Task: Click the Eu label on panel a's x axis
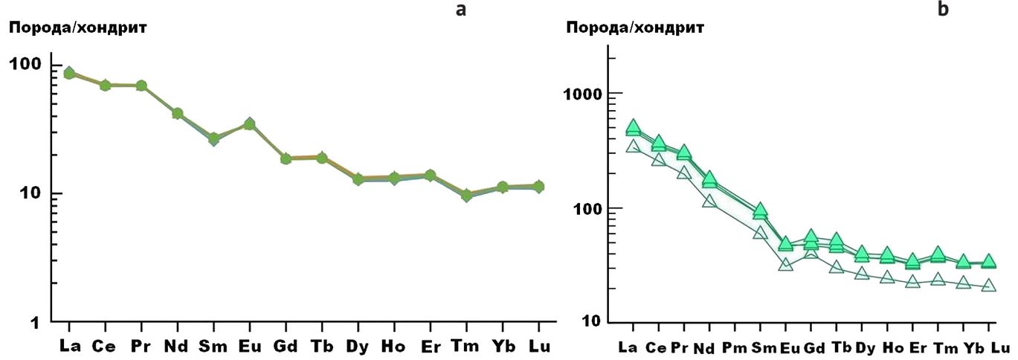point(249,346)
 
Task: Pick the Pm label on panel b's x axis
point(735,347)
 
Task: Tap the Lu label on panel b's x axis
point(1000,347)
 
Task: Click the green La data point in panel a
point(69,73)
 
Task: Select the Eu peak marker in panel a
point(250,124)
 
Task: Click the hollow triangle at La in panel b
point(633,147)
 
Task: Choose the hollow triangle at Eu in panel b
point(786,264)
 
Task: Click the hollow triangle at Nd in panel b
point(709,201)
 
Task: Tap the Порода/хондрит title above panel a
point(77,28)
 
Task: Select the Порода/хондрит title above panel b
point(635,28)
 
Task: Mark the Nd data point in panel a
point(177,113)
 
